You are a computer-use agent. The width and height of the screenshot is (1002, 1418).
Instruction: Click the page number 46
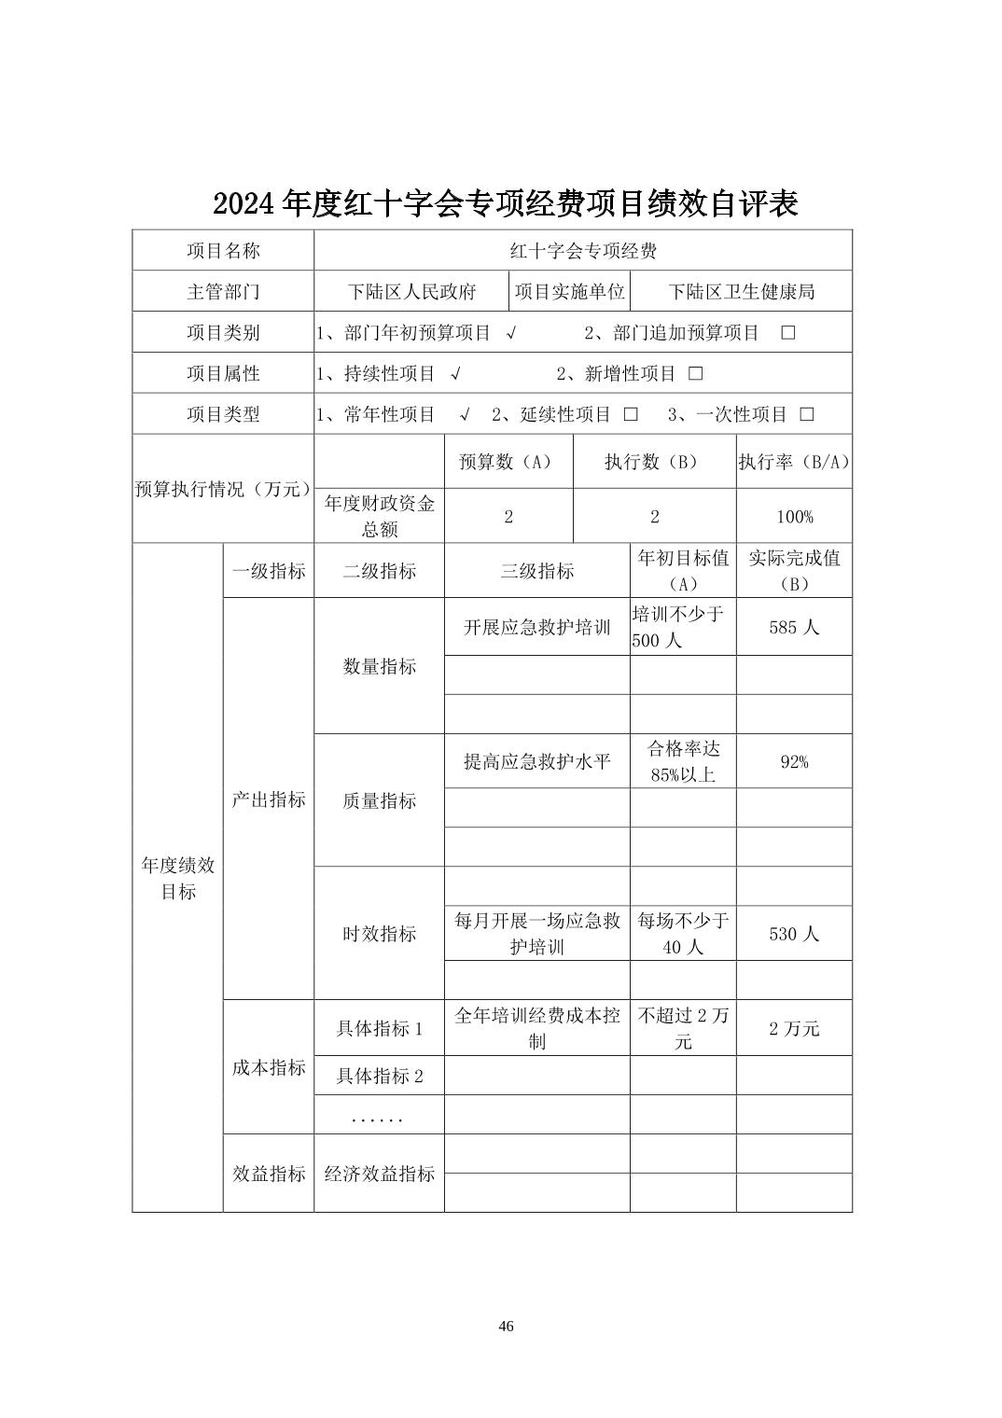(507, 1327)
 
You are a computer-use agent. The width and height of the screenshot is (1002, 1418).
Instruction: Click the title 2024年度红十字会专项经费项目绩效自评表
(505, 203)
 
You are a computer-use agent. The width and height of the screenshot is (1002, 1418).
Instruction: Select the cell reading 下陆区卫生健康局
(742, 292)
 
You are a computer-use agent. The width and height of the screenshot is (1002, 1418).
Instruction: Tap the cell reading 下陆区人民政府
(412, 292)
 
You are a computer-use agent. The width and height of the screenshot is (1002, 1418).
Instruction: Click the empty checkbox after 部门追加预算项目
(788, 333)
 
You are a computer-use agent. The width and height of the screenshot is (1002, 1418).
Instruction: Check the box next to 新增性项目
(695, 374)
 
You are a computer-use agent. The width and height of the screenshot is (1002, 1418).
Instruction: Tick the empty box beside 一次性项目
(807, 415)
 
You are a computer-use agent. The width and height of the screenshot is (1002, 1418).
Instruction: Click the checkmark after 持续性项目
(455, 374)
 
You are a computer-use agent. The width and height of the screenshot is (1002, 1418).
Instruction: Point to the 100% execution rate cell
(794, 517)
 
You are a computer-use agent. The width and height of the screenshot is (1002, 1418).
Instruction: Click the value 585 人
(794, 628)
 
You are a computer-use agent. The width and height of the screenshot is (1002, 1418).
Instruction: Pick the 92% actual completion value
(794, 762)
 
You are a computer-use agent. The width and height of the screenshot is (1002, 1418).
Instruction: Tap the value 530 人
(794, 934)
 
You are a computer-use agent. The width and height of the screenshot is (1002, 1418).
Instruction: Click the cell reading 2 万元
(794, 1029)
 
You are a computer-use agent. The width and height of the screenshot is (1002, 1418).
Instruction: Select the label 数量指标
(379, 667)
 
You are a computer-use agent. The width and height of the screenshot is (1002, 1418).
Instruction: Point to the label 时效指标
(379, 934)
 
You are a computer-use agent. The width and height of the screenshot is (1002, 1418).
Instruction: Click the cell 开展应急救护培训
(536, 628)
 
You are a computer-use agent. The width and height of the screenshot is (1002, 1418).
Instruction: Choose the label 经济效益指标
(379, 1174)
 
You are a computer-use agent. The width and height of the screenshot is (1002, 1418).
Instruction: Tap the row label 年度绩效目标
(177, 878)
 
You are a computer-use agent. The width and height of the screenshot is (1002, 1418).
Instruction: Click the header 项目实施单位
(569, 292)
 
